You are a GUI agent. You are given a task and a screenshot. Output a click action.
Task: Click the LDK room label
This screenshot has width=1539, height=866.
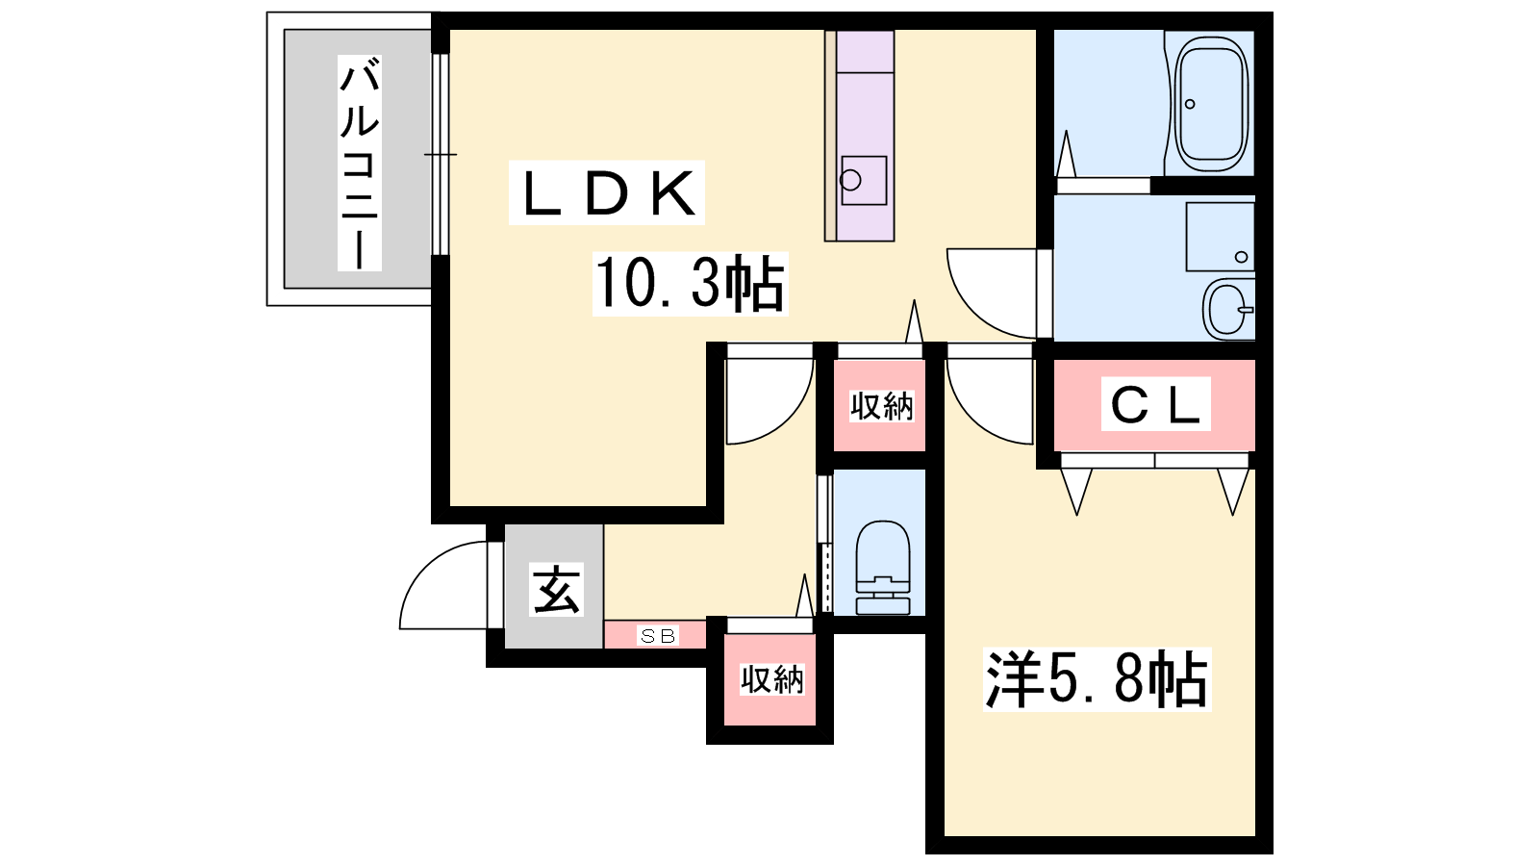(607, 193)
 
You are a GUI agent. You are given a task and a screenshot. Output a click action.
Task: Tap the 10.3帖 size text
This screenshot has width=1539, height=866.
(690, 284)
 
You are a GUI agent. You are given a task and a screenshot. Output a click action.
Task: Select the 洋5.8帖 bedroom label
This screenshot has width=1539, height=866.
(1097, 679)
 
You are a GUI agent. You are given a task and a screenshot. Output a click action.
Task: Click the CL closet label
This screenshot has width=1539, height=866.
(1155, 405)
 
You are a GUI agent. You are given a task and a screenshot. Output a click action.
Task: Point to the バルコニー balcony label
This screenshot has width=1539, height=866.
(360, 163)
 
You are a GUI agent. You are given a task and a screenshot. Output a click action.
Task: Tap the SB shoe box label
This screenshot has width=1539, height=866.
(659, 636)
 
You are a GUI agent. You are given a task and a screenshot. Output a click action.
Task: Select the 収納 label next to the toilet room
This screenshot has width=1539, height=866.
(881, 406)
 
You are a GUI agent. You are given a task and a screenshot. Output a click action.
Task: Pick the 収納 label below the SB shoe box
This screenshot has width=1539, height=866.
(771, 679)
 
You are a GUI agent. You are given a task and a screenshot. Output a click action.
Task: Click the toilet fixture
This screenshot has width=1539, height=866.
(883, 568)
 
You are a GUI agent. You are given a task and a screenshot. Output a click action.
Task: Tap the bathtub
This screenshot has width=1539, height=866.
(1212, 103)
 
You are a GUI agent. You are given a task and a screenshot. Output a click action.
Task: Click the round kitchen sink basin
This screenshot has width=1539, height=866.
(850, 180)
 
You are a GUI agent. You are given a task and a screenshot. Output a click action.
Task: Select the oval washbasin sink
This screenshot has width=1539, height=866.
(1228, 308)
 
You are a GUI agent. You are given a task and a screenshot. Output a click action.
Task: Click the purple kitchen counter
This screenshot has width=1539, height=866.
(860, 135)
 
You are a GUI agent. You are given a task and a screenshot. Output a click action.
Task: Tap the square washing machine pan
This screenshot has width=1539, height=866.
(1220, 237)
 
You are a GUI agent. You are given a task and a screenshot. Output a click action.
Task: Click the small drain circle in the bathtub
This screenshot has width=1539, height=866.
(1190, 104)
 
